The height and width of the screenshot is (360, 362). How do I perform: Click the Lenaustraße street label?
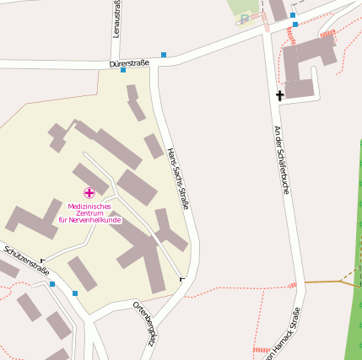(116, 19)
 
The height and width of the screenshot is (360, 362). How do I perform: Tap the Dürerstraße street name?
(129, 63)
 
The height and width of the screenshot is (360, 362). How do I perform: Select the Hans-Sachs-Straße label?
(178, 178)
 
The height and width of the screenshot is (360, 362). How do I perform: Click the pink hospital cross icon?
(89, 193)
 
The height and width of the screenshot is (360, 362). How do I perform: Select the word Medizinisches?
(89, 207)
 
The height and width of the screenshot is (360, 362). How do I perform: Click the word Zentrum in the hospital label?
(89, 213)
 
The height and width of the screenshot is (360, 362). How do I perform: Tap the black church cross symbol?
(279, 95)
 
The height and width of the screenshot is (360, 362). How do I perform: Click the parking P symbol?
(245, 19)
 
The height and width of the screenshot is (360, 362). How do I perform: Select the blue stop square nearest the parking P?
(293, 15)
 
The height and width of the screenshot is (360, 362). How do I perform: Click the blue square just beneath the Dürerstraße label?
(123, 70)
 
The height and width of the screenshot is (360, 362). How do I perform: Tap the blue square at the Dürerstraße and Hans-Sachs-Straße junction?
(164, 55)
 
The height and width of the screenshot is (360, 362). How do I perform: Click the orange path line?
(325, 281)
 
